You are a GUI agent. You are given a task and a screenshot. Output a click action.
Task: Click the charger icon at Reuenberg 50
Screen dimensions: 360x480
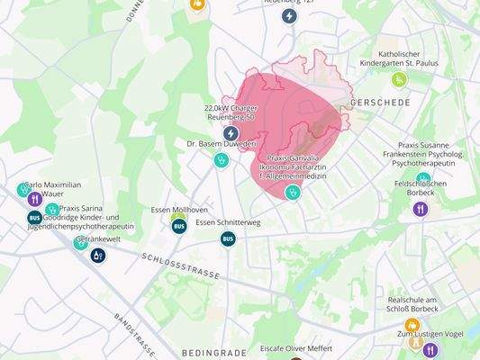(231, 133)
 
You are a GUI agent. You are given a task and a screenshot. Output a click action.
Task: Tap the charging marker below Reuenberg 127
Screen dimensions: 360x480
(288, 15)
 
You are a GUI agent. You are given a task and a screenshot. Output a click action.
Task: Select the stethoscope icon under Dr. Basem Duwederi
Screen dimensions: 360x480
(221, 161)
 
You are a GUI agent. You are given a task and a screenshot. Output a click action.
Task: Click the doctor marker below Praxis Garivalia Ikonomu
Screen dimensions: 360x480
(292, 192)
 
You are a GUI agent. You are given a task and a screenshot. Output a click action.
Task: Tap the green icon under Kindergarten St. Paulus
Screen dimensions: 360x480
(399, 79)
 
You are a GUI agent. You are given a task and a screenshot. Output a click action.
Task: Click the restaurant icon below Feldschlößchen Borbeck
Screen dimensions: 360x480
(420, 209)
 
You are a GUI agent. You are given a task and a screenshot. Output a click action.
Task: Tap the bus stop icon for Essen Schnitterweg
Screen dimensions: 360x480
(228, 238)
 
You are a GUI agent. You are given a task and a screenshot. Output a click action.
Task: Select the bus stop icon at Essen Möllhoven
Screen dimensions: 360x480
(178, 226)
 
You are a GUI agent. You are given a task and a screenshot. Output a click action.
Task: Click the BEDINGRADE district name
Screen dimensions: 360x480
(213, 353)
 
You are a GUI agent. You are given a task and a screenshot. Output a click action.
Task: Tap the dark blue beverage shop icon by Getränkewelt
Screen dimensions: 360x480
(97, 256)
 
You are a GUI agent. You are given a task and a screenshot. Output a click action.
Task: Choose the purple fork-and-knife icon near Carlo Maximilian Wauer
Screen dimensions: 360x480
(34, 199)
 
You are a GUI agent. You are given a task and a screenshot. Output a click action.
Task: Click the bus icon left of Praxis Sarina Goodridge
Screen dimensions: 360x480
(34, 217)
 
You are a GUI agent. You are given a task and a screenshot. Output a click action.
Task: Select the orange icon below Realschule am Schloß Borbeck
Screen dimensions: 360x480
(412, 325)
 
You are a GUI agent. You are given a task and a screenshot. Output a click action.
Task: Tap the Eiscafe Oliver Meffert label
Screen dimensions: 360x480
(295, 347)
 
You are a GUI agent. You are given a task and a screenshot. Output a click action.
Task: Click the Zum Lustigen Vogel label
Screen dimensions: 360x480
(430, 334)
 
